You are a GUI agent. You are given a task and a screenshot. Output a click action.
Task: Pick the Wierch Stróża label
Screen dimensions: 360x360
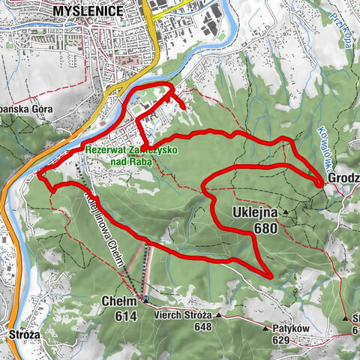pyautogui.click(x=180, y=316)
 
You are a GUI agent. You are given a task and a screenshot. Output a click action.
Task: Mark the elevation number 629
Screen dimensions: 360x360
pyautogui.click(x=280, y=340)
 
